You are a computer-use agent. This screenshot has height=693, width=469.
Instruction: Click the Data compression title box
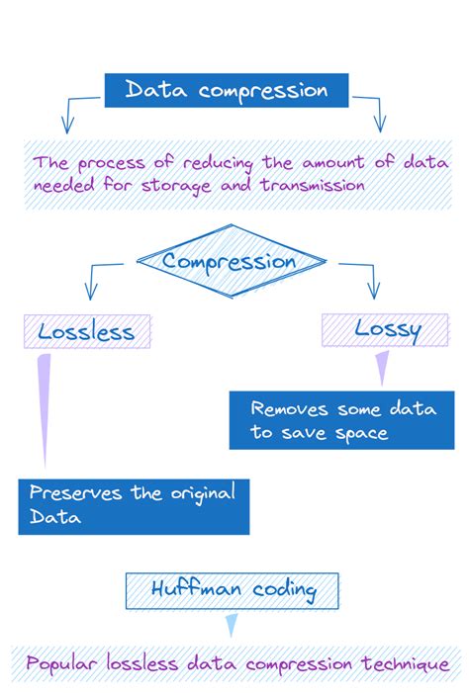(227, 91)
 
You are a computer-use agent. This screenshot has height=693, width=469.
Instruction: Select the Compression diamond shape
(230, 262)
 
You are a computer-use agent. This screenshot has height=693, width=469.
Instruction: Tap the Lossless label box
(86, 331)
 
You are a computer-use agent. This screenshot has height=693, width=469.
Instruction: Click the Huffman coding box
(233, 590)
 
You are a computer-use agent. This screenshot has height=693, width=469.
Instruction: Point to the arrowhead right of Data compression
(377, 124)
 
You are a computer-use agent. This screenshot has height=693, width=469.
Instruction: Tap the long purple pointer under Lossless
(44, 405)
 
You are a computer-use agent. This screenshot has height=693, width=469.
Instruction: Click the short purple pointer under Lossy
(381, 370)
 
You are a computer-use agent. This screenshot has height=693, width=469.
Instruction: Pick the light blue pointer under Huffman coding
(232, 625)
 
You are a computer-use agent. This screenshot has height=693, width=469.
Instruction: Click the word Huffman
(192, 590)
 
